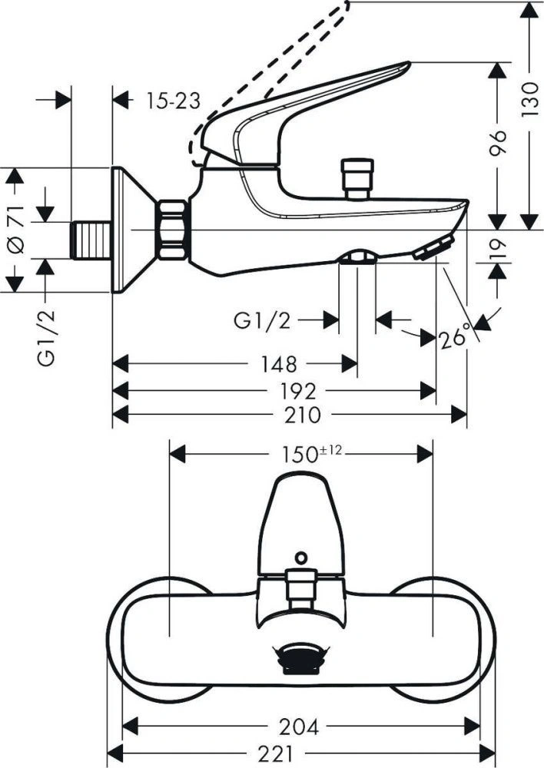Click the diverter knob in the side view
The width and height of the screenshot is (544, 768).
358,179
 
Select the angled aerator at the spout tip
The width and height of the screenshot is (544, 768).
433,249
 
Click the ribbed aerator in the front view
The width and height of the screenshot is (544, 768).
300,657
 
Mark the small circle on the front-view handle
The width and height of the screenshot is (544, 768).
300,555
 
